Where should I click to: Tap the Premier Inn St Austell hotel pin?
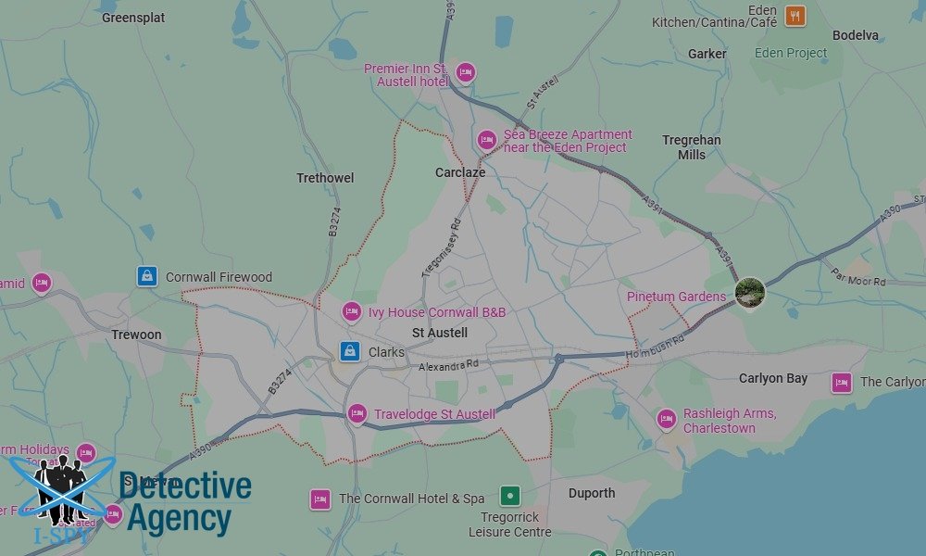click(x=465, y=72)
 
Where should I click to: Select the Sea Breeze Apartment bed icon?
click(x=487, y=140)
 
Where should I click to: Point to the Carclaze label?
click(x=460, y=172)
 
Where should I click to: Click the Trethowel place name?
click(x=325, y=178)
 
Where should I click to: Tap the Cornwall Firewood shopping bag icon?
click(x=146, y=276)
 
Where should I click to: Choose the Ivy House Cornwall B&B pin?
click(x=351, y=312)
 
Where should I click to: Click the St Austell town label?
click(x=440, y=333)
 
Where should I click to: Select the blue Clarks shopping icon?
click(x=349, y=351)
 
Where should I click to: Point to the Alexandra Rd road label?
click(x=448, y=365)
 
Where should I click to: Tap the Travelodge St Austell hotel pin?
click(x=357, y=413)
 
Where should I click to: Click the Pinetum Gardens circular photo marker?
click(x=750, y=292)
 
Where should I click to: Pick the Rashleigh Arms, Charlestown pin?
click(x=666, y=420)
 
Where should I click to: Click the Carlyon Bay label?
click(x=773, y=378)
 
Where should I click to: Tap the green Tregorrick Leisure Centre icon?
click(x=509, y=496)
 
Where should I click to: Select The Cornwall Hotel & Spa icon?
click(x=320, y=499)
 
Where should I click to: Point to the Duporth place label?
click(x=591, y=493)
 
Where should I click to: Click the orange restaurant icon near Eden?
click(x=795, y=15)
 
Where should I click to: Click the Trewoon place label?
click(x=136, y=335)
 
